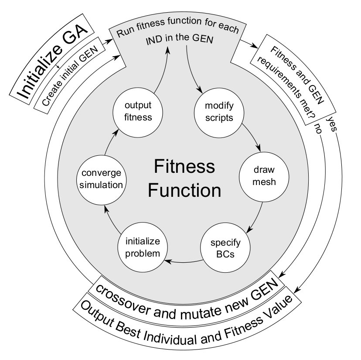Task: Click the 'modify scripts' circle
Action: pyautogui.click(x=214, y=112)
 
